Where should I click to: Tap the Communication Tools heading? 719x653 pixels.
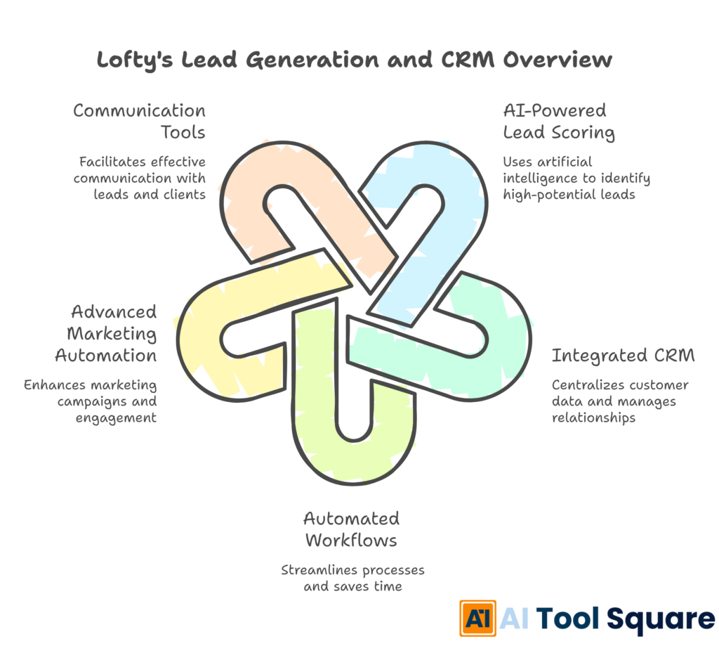[139, 122]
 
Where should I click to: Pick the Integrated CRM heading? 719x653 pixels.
[623, 356]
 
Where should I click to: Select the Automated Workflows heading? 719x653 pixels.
[351, 529]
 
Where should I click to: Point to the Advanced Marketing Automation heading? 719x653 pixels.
[106, 333]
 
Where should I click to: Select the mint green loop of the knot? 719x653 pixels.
[492, 337]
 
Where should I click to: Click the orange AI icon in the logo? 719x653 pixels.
[477, 618]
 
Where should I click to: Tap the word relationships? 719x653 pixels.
[593, 418]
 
